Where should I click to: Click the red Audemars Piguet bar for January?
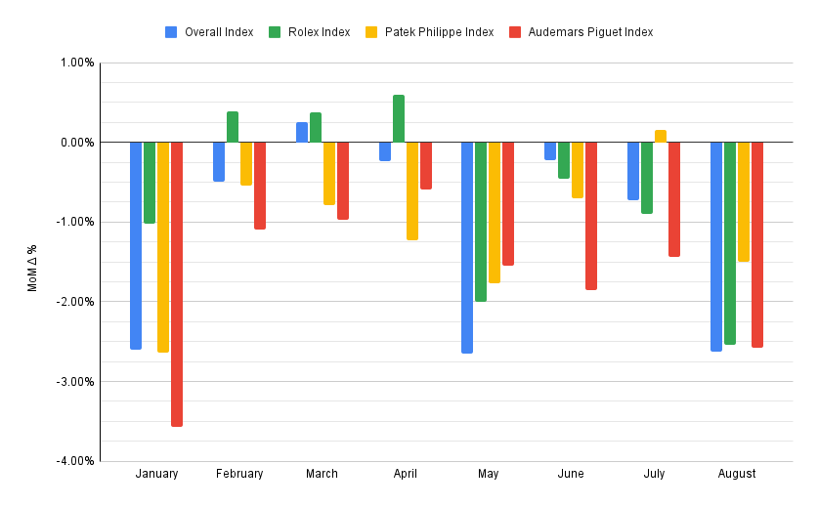tap(177, 283)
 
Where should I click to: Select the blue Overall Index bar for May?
tap(467, 247)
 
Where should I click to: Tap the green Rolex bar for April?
tap(399, 118)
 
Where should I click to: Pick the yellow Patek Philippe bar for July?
tap(661, 136)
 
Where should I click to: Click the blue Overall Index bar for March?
tap(302, 132)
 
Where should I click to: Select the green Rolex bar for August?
tap(730, 243)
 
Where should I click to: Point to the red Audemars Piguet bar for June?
tap(591, 216)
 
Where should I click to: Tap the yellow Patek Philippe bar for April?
tap(412, 190)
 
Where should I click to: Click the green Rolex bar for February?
tap(233, 127)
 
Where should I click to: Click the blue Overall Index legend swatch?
tap(172, 32)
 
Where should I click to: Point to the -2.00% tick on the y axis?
tap(75, 302)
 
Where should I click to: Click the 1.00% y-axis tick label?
tap(77, 63)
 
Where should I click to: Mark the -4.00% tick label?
tap(75, 461)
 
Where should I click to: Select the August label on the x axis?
tap(737, 474)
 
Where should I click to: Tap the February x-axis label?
tap(239, 474)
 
